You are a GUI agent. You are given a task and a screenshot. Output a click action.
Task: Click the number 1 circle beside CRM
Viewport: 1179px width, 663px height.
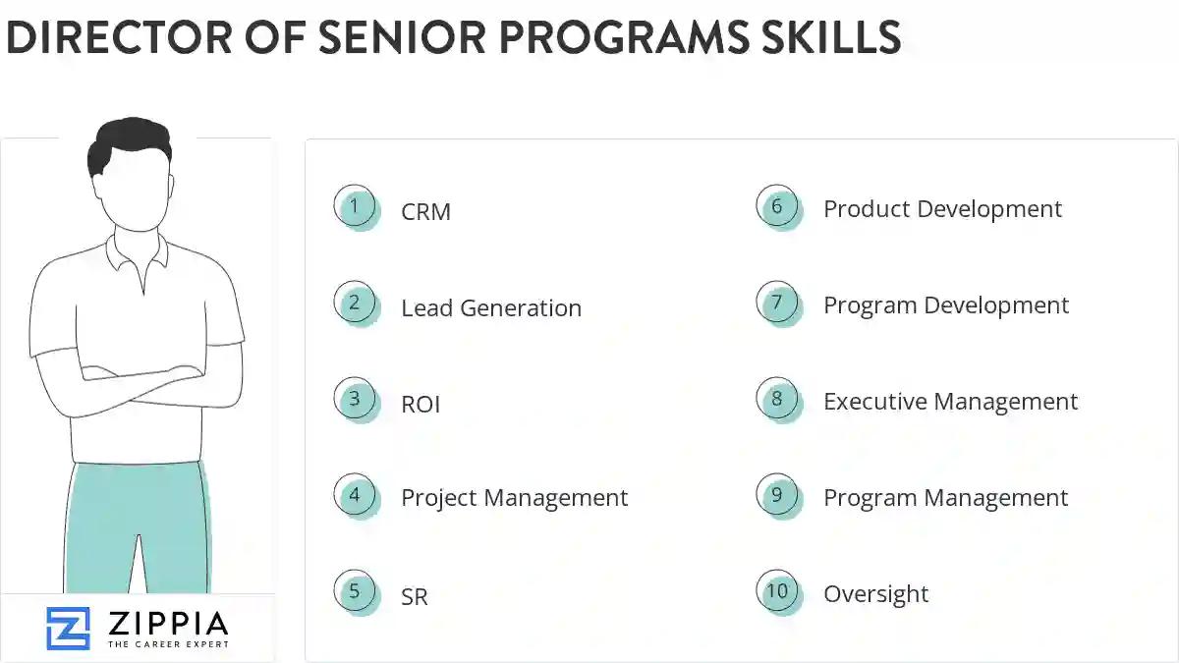(355, 207)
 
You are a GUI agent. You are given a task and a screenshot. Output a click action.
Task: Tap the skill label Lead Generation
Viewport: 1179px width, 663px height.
(491, 308)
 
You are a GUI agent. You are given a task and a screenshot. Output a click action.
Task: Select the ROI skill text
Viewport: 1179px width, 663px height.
(421, 405)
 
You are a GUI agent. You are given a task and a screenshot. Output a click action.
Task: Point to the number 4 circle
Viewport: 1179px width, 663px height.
(355, 496)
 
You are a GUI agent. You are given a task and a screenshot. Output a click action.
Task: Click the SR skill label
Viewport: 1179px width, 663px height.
(415, 597)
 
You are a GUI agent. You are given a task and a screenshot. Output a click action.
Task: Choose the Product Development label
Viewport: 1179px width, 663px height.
(942, 209)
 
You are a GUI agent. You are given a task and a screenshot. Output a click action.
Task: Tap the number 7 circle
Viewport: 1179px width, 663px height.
(777, 303)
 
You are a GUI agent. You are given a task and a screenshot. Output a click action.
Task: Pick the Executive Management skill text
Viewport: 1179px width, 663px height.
(950, 402)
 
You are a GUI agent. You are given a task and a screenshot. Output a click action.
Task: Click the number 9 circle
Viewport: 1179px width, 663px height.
(777, 495)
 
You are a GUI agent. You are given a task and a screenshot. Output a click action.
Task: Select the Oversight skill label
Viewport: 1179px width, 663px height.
(875, 594)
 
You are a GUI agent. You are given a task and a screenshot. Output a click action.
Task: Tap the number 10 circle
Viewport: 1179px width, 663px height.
(777, 591)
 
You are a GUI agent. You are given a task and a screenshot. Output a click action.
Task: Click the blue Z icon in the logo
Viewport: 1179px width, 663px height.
(68, 629)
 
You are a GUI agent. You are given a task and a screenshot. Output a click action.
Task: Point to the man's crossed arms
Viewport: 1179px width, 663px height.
(138, 378)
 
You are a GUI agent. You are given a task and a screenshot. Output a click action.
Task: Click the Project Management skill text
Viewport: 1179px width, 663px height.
(514, 498)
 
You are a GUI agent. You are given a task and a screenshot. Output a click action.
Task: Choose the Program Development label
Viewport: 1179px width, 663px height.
(945, 305)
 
